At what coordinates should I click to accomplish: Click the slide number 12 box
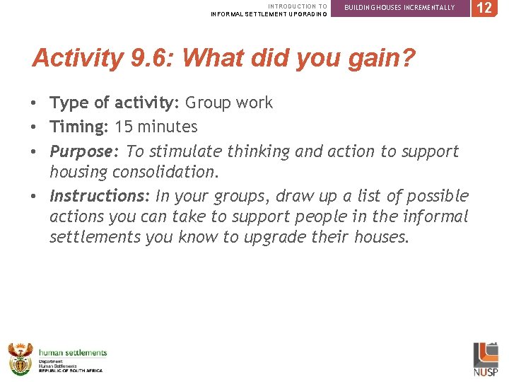click(x=484, y=8)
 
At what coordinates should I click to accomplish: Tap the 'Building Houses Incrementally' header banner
click(x=399, y=8)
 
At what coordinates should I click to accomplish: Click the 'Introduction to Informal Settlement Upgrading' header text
click(x=269, y=10)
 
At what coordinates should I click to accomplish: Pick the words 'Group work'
click(x=228, y=103)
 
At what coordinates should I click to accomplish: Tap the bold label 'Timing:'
click(x=78, y=127)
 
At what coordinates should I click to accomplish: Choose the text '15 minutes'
click(x=154, y=127)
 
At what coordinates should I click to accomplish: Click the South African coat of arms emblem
click(x=21, y=359)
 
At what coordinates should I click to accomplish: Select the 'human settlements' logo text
click(x=73, y=353)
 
